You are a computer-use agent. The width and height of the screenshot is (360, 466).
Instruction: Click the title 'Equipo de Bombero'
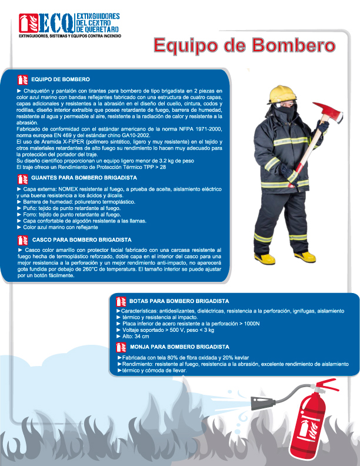(244, 45)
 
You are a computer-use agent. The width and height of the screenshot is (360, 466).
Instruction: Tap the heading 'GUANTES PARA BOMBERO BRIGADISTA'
(84, 177)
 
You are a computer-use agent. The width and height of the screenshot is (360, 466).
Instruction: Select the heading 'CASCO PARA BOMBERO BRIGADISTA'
(82, 240)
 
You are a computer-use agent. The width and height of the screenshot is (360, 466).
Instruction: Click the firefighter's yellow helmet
(280, 94)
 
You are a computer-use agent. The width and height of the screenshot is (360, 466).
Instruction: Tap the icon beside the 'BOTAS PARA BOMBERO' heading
(121, 301)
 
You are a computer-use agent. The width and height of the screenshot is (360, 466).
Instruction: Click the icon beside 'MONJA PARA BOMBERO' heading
(121, 347)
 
